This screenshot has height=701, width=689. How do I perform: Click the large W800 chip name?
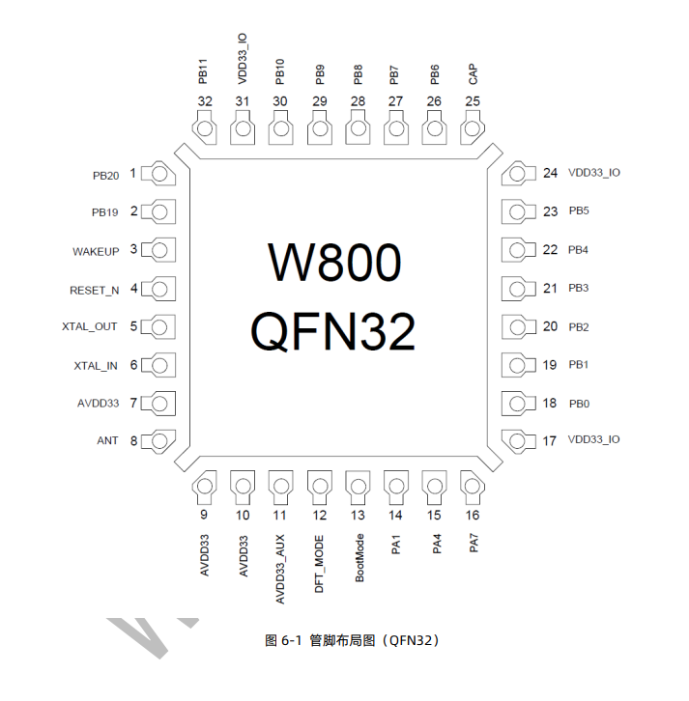pyautogui.click(x=332, y=263)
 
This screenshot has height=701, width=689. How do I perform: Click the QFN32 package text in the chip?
pyautogui.click(x=332, y=332)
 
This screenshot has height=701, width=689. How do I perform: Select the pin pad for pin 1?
pyautogui.click(x=160, y=174)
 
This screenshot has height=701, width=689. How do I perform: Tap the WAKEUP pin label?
pyautogui.click(x=96, y=251)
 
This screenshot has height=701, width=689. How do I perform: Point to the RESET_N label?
pyautogui.click(x=94, y=290)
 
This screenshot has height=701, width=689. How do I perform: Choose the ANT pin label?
pyautogui.click(x=107, y=440)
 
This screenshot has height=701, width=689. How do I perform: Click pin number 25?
pyautogui.click(x=473, y=101)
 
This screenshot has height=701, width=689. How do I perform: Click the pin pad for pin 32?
pyautogui.click(x=205, y=129)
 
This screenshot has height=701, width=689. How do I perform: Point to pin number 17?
pyautogui.click(x=550, y=441)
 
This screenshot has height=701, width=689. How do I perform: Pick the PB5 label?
pyautogui.click(x=579, y=211)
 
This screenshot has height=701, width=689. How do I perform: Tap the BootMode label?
pyautogui.click(x=359, y=557)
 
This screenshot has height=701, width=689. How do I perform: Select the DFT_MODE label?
pyautogui.click(x=320, y=563)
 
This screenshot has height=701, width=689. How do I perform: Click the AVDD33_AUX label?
pyautogui.click(x=281, y=570)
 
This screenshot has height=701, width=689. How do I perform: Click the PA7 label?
pyautogui.click(x=473, y=545)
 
